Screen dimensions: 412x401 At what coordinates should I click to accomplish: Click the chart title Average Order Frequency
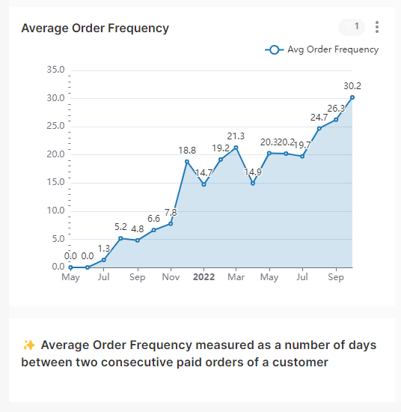coord(95,28)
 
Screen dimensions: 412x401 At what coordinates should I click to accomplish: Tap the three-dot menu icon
coord(377,28)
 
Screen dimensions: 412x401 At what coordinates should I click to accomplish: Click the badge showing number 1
coord(356,27)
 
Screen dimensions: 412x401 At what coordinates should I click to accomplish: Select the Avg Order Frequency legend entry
coord(322,49)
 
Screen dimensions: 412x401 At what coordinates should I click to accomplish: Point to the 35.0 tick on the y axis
coord(55,70)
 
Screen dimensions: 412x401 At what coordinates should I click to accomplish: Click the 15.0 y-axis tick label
coord(55,182)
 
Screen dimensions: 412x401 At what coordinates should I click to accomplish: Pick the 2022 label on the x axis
coord(203,277)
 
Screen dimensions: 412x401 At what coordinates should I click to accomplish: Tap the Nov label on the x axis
coord(171,277)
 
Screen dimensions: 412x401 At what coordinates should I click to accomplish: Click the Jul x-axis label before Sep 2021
coord(104,277)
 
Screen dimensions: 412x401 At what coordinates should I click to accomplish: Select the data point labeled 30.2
coord(352,97)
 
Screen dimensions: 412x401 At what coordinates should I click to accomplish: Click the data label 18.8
coord(187,150)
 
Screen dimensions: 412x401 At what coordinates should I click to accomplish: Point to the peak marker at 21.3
coord(236,148)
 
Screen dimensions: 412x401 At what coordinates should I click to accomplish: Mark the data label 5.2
coord(120,226)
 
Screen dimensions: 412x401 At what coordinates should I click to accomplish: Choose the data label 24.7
coord(319,117)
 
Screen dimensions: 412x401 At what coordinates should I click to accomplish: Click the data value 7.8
coord(171,212)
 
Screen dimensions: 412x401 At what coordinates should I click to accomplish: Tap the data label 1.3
coord(104,248)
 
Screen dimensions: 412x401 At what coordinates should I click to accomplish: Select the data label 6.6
coord(153,218)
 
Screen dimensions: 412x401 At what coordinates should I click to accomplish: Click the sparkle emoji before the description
coord(29,345)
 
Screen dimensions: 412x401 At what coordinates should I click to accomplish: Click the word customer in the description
coord(301,363)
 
